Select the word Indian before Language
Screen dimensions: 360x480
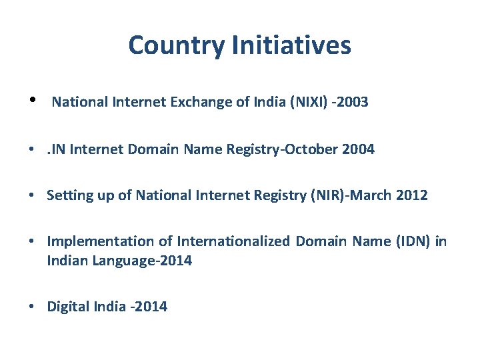coord(66,261)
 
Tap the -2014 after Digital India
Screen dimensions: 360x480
coord(150,307)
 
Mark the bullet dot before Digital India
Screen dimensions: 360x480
coord(32,307)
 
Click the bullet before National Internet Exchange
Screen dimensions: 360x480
coord(32,101)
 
